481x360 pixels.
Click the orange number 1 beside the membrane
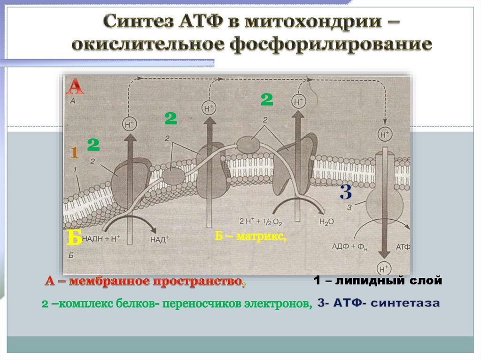(74, 152)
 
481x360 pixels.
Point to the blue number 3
(346, 192)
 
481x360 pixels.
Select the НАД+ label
(160, 239)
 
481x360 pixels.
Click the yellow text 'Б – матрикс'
(251, 236)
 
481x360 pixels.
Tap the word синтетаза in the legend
(405, 304)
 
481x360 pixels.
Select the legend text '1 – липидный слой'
(378, 281)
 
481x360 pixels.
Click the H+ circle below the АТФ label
(384, 269)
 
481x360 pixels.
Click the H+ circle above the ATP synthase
(384, 135)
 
